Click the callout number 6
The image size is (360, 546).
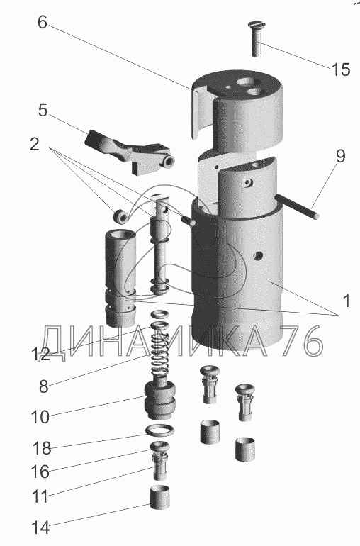point(43,23)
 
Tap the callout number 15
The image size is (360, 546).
point(340,69)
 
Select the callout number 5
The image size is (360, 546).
point(43,111)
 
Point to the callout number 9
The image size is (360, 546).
point(340,156)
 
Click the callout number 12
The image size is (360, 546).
point(40,354)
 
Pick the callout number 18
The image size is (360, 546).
point(42,448)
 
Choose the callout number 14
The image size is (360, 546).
point(40,528)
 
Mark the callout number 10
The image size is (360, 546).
point(40,417)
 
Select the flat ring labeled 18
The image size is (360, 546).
point(159,430)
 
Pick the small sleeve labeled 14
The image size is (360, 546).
point(160,497)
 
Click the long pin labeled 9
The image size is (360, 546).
point(296,207)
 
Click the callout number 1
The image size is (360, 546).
point(346,301)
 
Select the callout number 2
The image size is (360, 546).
point(34,144)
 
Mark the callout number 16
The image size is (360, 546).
point(40,472)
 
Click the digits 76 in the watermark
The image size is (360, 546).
point(304,340)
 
